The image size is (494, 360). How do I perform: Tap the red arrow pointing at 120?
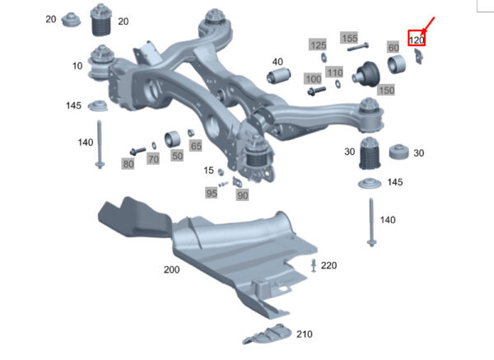[428, 26]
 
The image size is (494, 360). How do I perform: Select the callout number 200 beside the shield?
[172, 269]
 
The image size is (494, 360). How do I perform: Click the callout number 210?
[305, 334]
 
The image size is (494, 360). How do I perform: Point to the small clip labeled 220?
[314, 265]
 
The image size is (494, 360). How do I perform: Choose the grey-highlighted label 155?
[349, 38]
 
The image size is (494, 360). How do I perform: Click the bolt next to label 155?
[358, 47]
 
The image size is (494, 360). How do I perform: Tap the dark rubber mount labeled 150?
[366, 74]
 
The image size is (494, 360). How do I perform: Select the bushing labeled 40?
[278, 76]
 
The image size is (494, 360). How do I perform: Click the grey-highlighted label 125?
[318, 45]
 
